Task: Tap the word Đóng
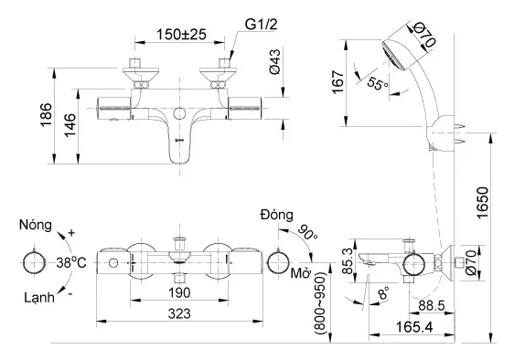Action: pyautogui.click(x=275, y=215)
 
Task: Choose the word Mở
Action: pyautogui.click(x=300, y=273)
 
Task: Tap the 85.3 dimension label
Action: pyautogui.click(x=348, y=262)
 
